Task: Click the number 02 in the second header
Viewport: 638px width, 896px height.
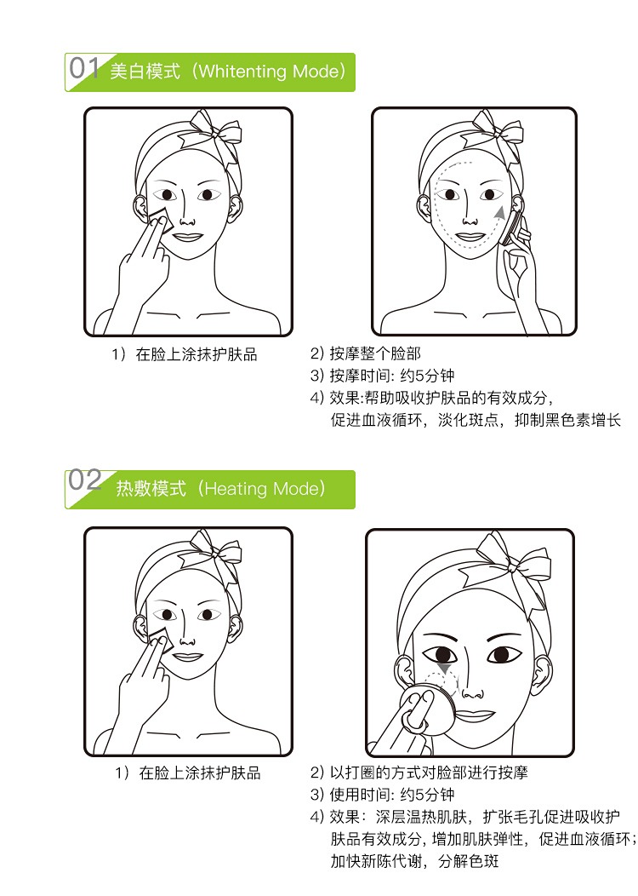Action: [x=85, y=480]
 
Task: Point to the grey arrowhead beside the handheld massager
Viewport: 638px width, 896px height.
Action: [x=500, y=212]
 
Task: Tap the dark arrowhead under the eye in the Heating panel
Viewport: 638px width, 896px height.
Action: [x=443, y=669]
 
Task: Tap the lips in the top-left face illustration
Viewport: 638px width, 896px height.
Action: [x=187, y=237]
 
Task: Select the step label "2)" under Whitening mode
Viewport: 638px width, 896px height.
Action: [x=316, y=353]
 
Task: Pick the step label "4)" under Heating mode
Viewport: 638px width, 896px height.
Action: [x=316, y=817]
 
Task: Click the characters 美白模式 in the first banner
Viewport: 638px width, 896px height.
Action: [x=145, y=72]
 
